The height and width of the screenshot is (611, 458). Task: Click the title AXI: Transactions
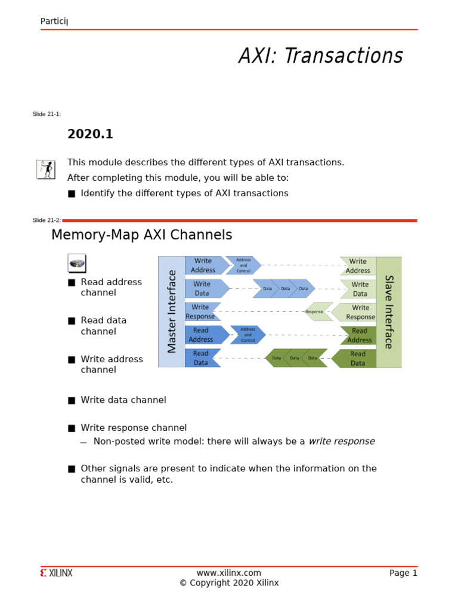tap(320, 56)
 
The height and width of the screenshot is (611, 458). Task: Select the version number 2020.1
tap(90, 134)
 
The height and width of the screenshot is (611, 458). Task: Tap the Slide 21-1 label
tap(47, 114)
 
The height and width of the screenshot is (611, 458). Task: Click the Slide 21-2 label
tap(47, 220)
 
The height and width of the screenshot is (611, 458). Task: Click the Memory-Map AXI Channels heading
tap(141, 235)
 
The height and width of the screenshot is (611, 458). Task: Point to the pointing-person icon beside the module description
tap(46, 169)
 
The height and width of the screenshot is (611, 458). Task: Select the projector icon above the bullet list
tap(76, 263)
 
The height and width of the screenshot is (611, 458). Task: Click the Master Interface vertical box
tap(172, 311)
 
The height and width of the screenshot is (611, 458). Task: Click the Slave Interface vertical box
tap(389, 311)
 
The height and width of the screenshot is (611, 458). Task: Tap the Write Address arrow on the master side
tap(205, 266)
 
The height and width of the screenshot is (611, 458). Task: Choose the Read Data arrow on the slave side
tap(355, 359)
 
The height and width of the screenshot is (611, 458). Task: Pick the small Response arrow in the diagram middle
tap(316, 311)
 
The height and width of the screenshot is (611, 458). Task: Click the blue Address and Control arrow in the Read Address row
tap(247, 335)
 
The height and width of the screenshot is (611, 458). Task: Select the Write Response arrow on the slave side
tap(356, 312)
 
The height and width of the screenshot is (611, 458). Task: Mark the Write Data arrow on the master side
tap(205, 289)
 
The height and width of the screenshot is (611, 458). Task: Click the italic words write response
tap(342, 442)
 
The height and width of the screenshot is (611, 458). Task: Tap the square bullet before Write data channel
tap(72, 400)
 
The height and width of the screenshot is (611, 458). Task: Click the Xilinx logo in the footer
tap(57, 573)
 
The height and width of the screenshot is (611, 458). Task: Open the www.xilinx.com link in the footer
tap(229, 573)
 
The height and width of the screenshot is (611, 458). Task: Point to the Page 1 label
tap(403, 573)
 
